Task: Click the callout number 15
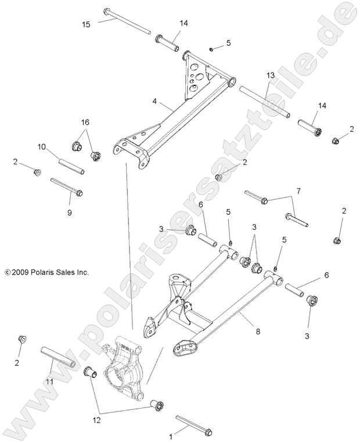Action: click(x=86, y=24)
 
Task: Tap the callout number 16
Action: click(x=85, y=123)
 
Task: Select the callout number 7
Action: click(x=298, y=190)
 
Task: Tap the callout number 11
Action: click(x=50, y=381)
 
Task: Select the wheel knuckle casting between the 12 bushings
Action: click(x=125, y=369)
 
